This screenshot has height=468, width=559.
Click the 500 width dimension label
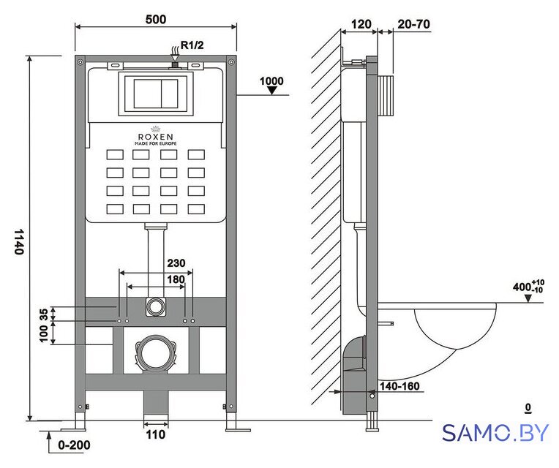click(x=156, y=19)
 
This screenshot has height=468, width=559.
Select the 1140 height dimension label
click(x=19, y=241)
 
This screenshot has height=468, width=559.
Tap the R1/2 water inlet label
click(x=192, y=45)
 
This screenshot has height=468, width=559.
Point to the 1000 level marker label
click(x=271, y=81)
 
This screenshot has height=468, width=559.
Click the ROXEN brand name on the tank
click(x=155, y=137)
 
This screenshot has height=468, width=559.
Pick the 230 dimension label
click(x=176, y=263)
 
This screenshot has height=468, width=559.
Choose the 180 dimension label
click(x=176, y=279)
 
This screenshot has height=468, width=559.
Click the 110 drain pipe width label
click(x=156, y=434)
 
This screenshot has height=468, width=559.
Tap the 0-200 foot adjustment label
click(x=74, y=445)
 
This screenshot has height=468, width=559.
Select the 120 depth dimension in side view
click(x=361, y=24)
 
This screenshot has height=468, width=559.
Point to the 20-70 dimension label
click(x=413, y=24)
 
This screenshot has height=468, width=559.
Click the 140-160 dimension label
click(x=399, y=386)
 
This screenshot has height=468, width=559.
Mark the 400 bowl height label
click(x=528, y=287)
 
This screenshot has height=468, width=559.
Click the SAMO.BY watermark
click(x=495, y=433)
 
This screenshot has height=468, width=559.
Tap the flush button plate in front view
click(x=156, y=94)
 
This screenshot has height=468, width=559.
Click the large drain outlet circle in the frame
click(x=155, y=354)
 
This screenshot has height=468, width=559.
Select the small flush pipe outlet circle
click(x=155, y=306)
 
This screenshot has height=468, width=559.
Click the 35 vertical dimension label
click(x=43, y=314)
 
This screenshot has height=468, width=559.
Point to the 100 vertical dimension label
click(x=43, y=333)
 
